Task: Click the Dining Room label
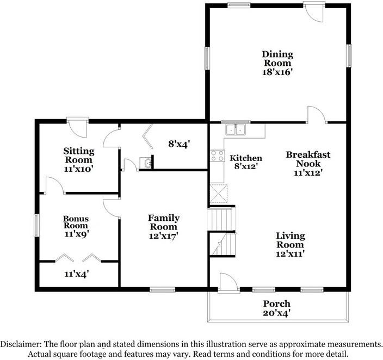tap(277, 59)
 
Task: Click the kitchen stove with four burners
tap(218, 156)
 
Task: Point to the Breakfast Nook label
tap(308, 159)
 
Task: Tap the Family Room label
tap(164, 222)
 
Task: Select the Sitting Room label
tap(78, 155)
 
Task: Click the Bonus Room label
tap(76, 222)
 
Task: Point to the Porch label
tap(277, 303)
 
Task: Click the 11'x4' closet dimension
tap(77, 274)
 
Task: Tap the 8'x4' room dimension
tap(179, 144)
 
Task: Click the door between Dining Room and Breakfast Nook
tap(317, 114)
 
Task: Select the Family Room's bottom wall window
tap(162, 290)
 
